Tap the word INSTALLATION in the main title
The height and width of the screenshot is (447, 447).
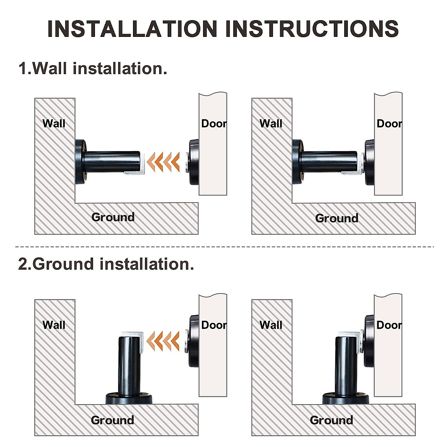[132, 28]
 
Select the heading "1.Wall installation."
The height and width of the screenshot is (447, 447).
[93, 69]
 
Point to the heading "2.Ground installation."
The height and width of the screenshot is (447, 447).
[106, 264]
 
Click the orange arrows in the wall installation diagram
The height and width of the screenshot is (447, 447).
[163, 162]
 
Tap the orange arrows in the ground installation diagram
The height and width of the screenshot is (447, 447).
[163, 340]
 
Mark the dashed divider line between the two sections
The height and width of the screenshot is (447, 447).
[223, 247]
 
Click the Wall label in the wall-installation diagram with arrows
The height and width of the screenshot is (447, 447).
[54, 123]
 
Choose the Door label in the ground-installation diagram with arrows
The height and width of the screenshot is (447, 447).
[213, 325]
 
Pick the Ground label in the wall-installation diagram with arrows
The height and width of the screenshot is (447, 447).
[113, 217]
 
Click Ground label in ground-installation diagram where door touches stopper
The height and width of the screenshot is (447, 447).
[331, 420]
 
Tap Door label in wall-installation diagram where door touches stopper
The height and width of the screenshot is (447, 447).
[389, 123]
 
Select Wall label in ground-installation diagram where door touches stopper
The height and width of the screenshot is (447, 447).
[271, 325]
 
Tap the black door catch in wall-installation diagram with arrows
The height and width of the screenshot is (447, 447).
[193, 162]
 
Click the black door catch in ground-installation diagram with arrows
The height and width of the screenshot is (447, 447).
[193, 341]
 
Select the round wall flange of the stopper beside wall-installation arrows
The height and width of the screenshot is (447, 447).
[80, 162]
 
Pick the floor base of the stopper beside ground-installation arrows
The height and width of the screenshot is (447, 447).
[129, 398]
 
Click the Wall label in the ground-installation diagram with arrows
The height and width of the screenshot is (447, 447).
[54, 325]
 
